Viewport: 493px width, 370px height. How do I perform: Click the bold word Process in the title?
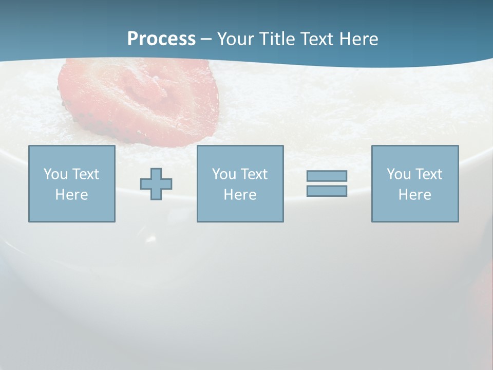[x=161, y=39]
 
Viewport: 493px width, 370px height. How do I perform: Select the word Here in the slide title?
[x=359, y=39]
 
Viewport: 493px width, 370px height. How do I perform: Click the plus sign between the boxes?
[x=156, y=184]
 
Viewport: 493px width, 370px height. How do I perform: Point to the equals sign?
[x=327, y=183]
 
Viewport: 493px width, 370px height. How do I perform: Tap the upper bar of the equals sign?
[x=327, y=176]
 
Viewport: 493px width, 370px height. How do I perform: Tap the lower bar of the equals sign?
[x=327, y=191]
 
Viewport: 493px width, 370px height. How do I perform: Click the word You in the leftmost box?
[x=55, y=174]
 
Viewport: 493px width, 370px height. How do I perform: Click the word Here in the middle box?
[x=240, y=195]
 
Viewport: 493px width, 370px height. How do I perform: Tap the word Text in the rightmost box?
[x=429, y=174]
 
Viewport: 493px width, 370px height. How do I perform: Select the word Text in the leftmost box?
[x=86, y=174]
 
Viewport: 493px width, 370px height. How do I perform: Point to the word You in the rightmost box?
[x=399, y=174]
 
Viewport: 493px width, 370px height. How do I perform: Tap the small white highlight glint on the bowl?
[x=151, y=239]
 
